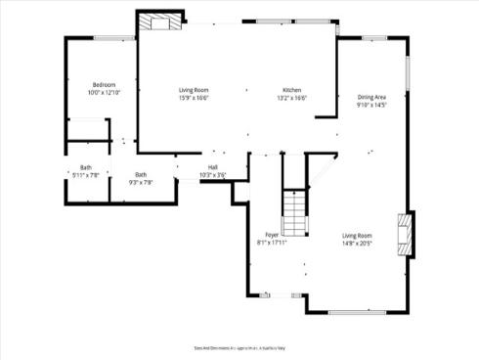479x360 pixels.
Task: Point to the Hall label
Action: point(212,167)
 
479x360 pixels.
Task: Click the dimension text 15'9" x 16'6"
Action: point(195,98)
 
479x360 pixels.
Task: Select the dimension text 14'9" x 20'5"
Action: point(358,244)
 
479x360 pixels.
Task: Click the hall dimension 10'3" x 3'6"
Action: point(212,175)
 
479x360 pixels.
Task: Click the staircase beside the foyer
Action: point(295,209)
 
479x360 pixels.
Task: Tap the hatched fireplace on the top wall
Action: point(159,22)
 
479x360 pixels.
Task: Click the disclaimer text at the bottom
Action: point(239,347)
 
